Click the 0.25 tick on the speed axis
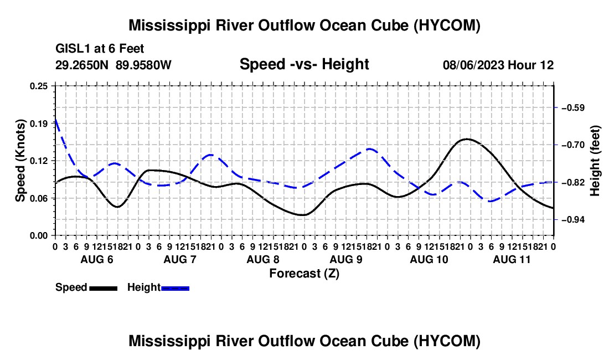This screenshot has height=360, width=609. (39, 86)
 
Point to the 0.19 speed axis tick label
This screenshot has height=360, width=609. (39, 124)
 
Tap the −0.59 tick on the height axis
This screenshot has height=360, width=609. (573, 107)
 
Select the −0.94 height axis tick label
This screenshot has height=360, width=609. (573, 220)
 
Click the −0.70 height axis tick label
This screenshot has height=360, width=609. (573, 145)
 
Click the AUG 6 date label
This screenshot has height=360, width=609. (97, 259)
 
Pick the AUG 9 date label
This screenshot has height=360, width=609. (346, 259)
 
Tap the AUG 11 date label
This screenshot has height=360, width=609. (512, 259)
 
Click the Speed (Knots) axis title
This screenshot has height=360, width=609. (20, 161)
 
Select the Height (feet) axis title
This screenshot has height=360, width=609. (595, 161)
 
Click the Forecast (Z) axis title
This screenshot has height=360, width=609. (304, 274)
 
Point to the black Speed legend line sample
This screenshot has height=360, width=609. (104, 288)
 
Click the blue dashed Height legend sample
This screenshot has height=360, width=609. (175, 288)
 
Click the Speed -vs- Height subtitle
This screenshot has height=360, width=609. (304, 64)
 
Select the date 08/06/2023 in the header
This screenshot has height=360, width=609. (474, 65)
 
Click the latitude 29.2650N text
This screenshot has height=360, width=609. (82, 65)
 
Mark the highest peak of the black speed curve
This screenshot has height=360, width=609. (467, 139)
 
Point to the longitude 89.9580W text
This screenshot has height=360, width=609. (143, 65)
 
